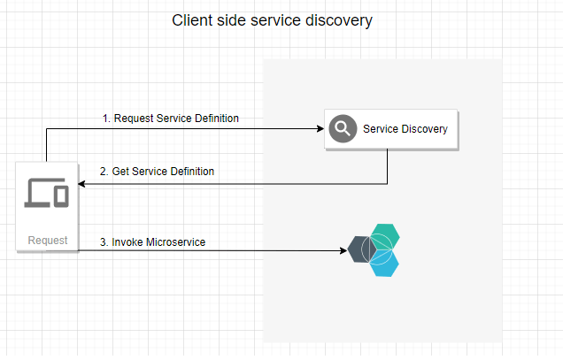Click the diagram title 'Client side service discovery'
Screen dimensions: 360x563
[x=273, y=20]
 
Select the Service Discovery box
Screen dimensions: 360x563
[x=390, y=129]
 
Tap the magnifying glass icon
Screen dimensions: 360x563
[x=342, y=129]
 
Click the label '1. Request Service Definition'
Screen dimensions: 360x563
[x=170, y=118]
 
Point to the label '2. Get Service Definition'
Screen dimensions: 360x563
[x=157, y=171]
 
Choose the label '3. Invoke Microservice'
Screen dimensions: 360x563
[x=153, y=241]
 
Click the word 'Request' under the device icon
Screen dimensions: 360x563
[x=47, y=241]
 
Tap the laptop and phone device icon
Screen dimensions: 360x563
[x=47, y=192]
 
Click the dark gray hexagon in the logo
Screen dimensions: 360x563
[x=364, y=250]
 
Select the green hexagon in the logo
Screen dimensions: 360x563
[x=384, y=237]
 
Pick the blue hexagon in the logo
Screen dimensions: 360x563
[x=384, y=262]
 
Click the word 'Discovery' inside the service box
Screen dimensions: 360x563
[x=423, y=129]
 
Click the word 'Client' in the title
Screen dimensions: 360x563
[x=191, y=20]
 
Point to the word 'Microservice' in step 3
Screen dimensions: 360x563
[x=176, y=241]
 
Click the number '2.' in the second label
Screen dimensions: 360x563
[x=104, y=171]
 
